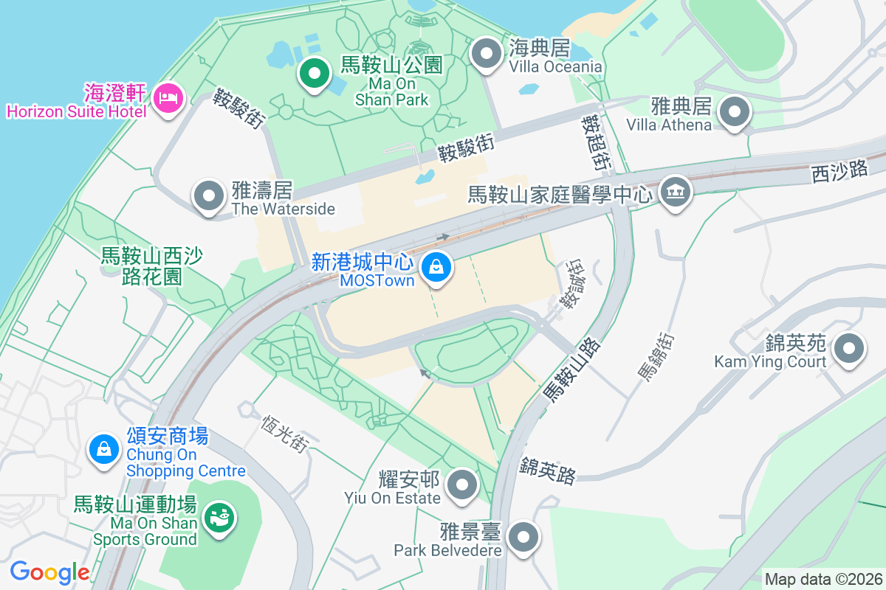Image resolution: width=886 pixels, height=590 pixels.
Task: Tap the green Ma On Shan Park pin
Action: click(x=315, y=73)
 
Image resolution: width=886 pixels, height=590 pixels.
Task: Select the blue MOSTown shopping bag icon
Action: click(x=437, y=266)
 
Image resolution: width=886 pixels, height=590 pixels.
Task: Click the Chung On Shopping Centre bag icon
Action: click(x=104, y=448)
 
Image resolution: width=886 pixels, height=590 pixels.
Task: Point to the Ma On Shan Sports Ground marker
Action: click(x=219, y=516)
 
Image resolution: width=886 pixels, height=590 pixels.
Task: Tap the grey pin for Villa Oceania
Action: click(x=487, y=54)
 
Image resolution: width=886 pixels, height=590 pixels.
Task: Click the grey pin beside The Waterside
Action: click(x=209, y=196)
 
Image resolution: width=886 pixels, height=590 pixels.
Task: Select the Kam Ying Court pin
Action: click(x=848, y=348)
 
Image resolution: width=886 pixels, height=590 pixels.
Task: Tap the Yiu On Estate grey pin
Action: click(x=463, y=485)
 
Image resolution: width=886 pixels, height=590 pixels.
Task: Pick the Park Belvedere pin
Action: click(x=523, y=537)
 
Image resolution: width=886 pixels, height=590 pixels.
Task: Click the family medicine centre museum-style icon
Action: click(x=674, y=192)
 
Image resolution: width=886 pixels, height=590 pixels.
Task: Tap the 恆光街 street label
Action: click(x=284, y=433)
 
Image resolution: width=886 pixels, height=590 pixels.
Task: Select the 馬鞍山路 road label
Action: click(x=572, y=371)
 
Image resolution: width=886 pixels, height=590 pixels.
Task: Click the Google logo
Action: click(x=49, y=572)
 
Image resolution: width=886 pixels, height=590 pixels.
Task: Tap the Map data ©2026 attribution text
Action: click(x=823, y=579)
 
